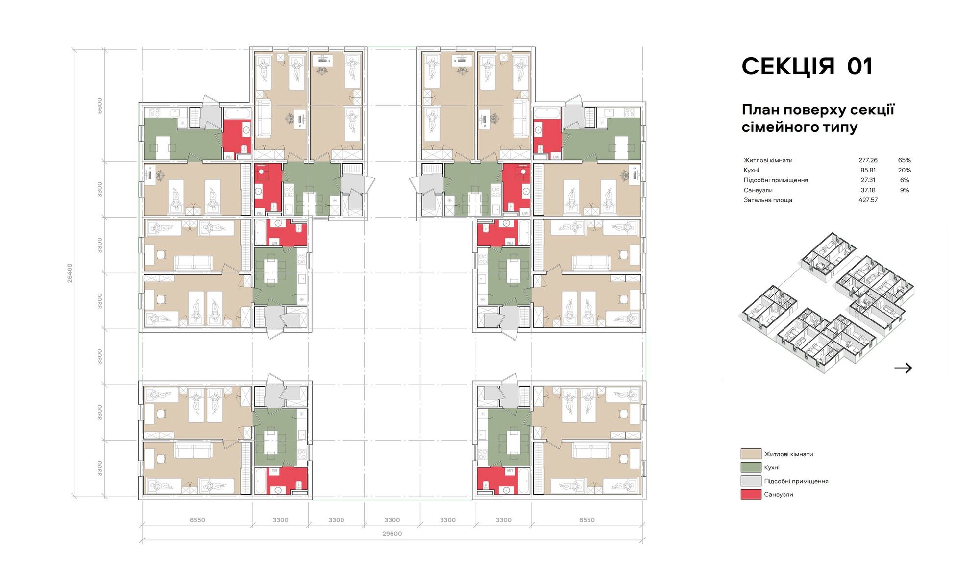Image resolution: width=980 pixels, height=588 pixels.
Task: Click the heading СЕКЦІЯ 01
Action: click(807, 67)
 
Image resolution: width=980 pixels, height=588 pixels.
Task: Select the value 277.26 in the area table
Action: click(868, 160)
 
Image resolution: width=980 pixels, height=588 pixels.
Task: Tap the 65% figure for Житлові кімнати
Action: click(905, 160)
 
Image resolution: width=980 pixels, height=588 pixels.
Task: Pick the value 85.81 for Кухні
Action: click(868, 170)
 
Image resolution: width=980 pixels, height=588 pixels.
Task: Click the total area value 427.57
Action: click(868, 200)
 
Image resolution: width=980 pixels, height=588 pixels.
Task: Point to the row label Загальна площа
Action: click(768, 200)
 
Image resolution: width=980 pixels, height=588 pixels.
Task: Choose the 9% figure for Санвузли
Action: click(905, 190)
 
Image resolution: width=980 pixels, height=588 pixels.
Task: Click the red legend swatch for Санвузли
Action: click(751, 494)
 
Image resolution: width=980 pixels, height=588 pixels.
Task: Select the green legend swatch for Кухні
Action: click(751, 467)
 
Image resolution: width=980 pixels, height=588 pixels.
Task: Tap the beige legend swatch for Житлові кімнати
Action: click(751, 454)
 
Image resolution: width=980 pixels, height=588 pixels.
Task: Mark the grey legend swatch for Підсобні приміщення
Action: click(751, 481)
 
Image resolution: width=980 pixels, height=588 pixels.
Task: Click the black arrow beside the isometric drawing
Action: click(903, 368)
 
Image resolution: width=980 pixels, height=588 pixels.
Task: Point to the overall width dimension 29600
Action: click(392, 534)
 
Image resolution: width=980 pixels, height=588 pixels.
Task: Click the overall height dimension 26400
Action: click(70, 273)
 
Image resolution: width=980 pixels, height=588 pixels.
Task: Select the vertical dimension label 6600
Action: click(100, 106)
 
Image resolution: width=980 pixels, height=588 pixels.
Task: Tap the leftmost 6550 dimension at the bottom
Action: click(197, 520)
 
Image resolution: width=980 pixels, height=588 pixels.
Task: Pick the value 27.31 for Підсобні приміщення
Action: click(868, 180)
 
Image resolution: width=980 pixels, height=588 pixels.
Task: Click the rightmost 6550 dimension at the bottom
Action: click(587, 520)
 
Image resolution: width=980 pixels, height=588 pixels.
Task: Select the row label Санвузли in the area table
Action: click(758, 190)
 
